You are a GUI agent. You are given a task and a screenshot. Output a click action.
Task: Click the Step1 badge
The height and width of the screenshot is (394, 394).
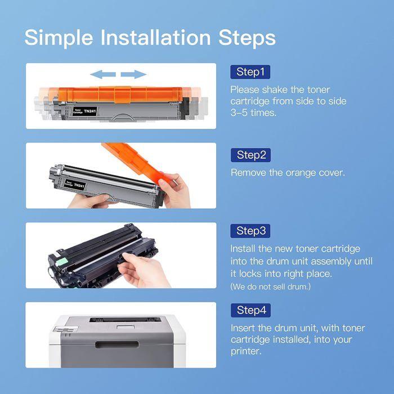tap(250, 72)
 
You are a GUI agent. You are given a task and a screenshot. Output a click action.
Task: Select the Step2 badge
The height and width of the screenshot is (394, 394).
tap(250, 155)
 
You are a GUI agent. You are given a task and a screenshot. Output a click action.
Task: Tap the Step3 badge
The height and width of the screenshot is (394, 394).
tap(250, 231)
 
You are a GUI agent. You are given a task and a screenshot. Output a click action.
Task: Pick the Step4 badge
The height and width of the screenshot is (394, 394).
tap(250, 310)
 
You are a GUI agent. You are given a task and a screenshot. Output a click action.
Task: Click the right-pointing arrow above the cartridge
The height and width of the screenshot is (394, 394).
tap(133, 74)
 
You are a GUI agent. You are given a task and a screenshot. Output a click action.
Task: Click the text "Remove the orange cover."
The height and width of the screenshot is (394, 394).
tap(288, 173)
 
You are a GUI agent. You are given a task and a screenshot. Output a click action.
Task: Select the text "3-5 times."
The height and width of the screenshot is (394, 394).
tap(253, 113)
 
